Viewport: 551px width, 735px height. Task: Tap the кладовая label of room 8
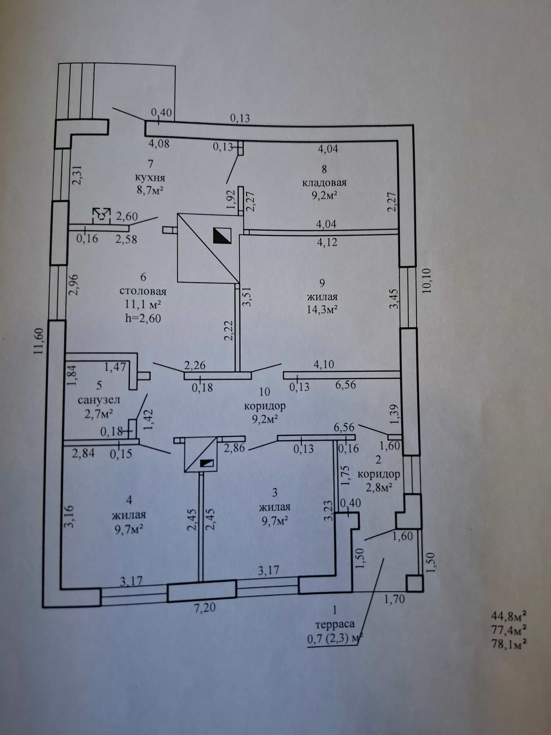324,182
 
